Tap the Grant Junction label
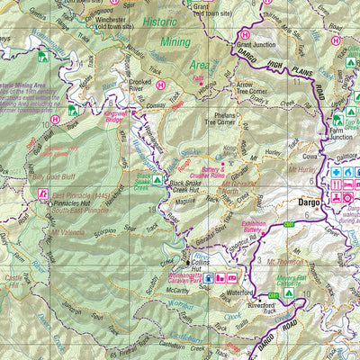coord(256,44)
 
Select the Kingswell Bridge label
coord(121,118)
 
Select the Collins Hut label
coord(200,265)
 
